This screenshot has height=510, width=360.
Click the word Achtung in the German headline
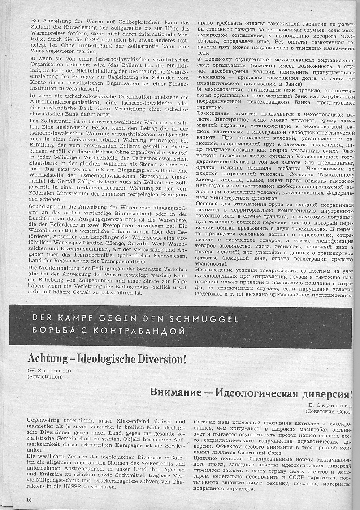click(47, 359)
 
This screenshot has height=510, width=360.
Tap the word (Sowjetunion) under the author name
click(45, 377)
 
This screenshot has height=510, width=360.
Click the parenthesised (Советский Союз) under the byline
click(329, 411)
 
